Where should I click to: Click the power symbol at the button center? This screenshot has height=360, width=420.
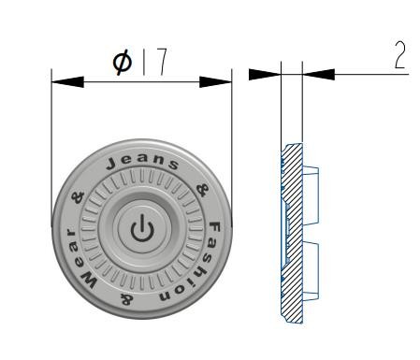coord(142,228)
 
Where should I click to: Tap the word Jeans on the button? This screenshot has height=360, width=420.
coord(142,162)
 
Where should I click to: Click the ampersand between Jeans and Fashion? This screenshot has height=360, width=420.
coord(202,190)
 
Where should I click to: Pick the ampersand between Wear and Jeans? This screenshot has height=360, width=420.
coord(78,197)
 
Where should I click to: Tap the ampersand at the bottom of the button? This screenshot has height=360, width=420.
coord(127,300)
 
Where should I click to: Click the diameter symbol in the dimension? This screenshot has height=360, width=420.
coord(123,63)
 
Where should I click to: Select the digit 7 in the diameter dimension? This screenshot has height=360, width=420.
coord(162,62)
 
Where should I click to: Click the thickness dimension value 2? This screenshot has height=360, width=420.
coord(400,55)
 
